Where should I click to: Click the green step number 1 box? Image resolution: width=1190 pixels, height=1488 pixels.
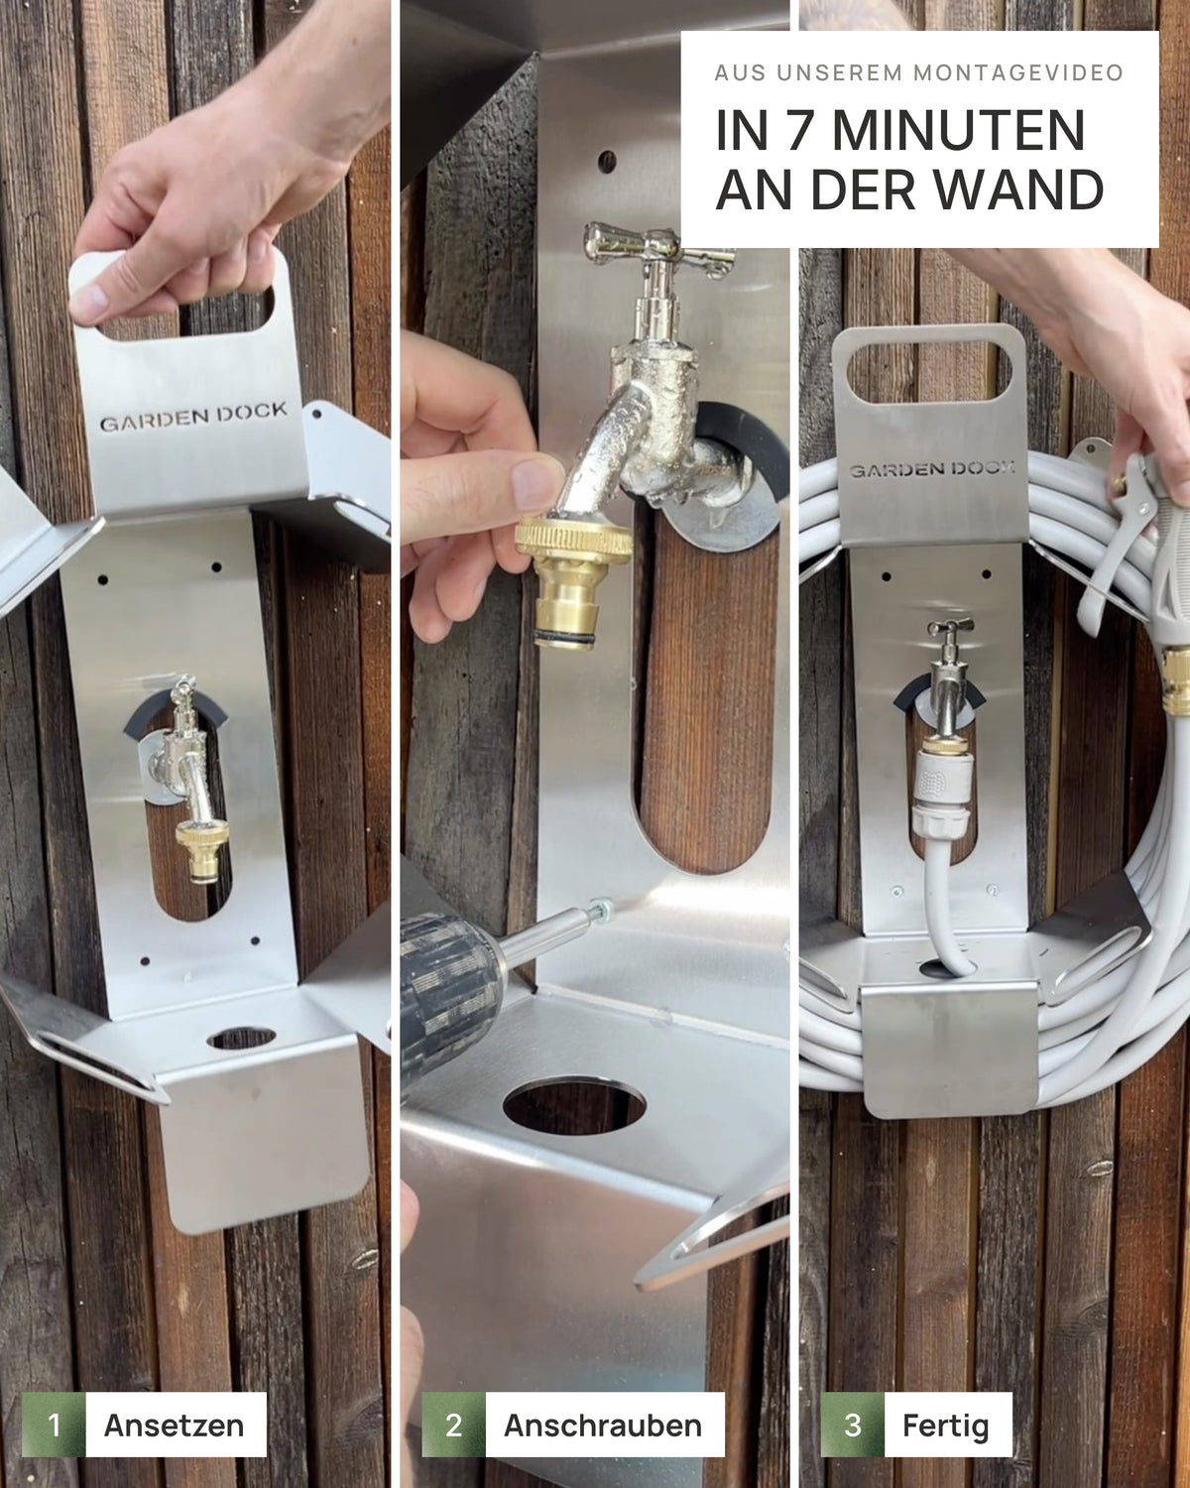54,1425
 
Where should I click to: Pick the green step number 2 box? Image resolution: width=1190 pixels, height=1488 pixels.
453,1425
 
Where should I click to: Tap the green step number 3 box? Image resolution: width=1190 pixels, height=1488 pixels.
853,1425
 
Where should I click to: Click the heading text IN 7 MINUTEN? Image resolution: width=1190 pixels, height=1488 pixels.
899,130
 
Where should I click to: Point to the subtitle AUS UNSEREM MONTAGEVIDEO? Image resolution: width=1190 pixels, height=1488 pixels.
919,72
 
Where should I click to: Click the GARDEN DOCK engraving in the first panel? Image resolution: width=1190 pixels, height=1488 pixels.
193,417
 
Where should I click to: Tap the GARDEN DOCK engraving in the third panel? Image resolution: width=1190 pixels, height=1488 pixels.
931,469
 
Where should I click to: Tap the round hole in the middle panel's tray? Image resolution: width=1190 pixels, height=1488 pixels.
574,1104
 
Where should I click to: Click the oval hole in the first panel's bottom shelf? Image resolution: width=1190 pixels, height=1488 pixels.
241,1038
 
